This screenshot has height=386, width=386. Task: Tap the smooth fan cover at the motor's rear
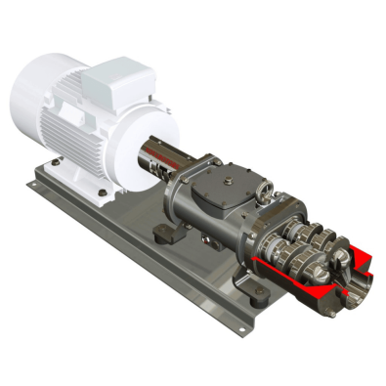pos(39,93)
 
